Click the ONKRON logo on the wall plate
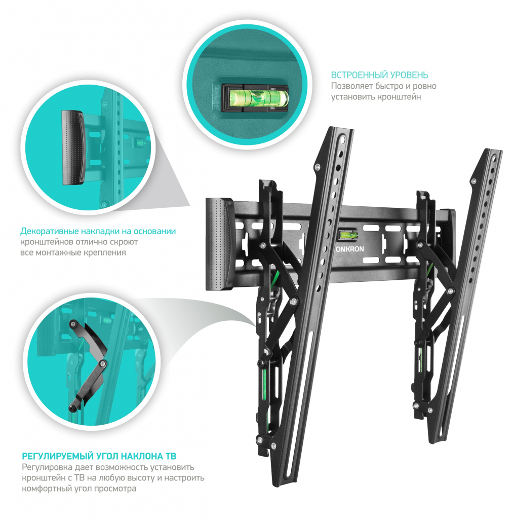click(x=349, y=249)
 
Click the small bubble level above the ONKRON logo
click(x=348, y=236)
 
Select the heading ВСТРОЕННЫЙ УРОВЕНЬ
click(x=379, y=75)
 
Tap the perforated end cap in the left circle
click(x=73, y=147)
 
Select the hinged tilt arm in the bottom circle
click(x=89, y=364)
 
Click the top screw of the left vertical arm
click(x=318, y=167)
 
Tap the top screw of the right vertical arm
click(x=474, y=181)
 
